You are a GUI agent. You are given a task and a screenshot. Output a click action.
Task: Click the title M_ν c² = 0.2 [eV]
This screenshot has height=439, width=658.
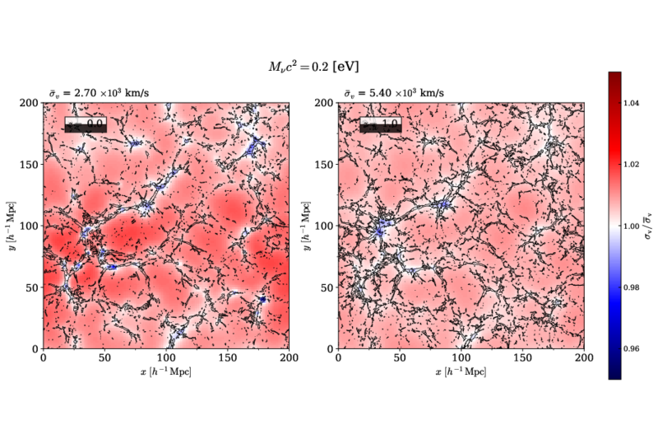coord(308,65)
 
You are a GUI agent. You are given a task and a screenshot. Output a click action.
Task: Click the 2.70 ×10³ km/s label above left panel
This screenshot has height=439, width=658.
coord(97,94)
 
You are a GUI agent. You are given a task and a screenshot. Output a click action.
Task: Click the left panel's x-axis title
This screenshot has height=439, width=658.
coord(166,372)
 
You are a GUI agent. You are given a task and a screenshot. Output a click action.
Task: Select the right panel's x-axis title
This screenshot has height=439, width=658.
coord(460,372)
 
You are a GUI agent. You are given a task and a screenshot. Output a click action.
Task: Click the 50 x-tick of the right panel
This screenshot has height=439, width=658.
coord(398,359)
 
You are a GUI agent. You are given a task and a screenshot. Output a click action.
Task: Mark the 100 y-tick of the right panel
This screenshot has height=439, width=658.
coord(323,226)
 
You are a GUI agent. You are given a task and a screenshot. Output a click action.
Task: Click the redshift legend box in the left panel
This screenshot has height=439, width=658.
coord(85,124)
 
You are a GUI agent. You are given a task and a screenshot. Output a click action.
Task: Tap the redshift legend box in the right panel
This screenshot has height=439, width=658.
coord(379,124)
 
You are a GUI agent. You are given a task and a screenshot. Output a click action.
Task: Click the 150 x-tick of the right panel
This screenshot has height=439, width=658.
coord(521,359)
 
